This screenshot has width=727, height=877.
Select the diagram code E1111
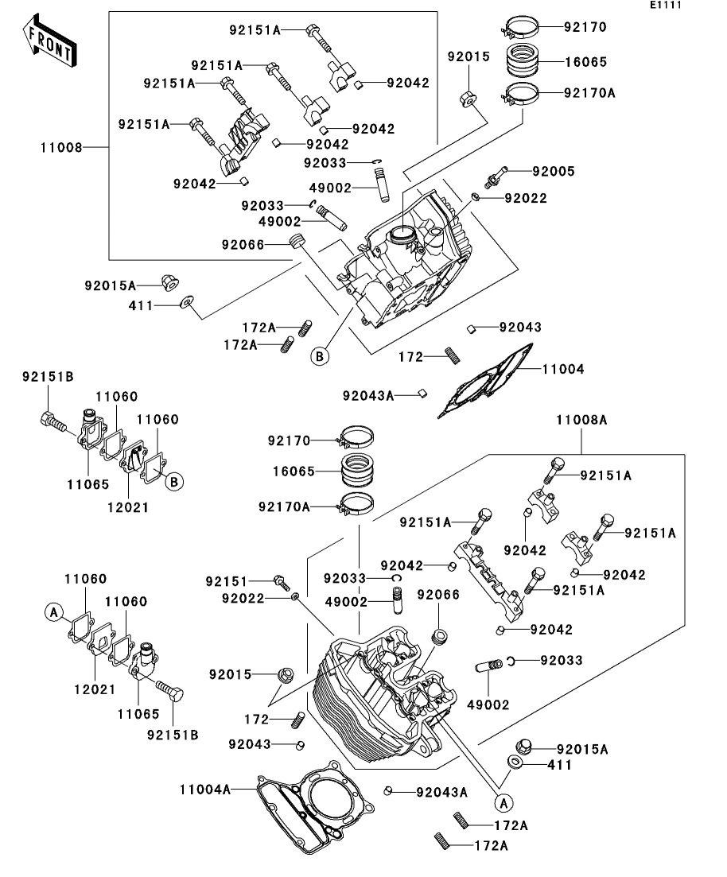tap(666, 5)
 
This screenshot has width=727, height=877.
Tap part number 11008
tap(61, 148)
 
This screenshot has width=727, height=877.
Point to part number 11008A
tap(581, 420)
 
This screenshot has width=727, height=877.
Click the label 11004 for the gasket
tap(563, 369)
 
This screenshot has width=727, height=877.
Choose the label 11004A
tap(205, 790)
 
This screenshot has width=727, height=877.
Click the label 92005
tap(554, 172)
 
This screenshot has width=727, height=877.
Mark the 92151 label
tap(227, 582)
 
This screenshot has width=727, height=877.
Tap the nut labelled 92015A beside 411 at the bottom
tap(523, 746)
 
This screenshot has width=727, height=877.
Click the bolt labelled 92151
tap(282, 582)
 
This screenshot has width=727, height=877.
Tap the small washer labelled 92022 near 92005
tap(475, 197)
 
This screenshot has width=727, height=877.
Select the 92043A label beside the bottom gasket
tap(441, 793)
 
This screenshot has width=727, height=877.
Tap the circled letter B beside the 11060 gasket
tap(174, 482)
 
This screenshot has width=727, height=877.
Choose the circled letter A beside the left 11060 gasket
tap(54, 612)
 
